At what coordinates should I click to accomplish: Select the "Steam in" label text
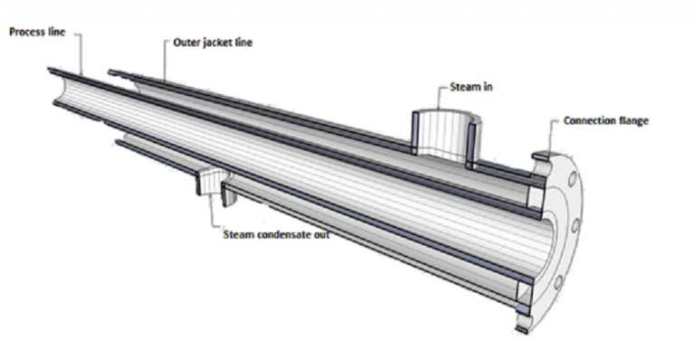(475, 88)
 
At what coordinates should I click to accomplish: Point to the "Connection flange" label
(605, 120)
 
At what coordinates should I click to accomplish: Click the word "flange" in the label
(633, 120)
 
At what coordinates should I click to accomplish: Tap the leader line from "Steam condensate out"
(214, 213)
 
